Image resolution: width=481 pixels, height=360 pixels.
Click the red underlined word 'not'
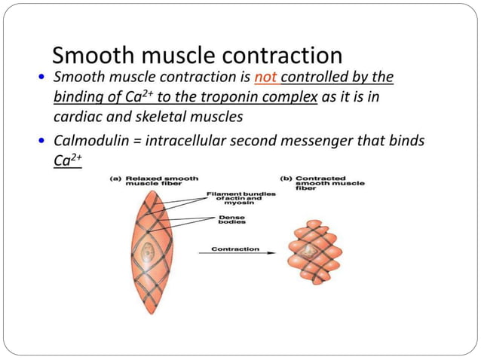266,78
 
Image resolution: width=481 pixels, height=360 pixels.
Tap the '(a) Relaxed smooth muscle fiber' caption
155,181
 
